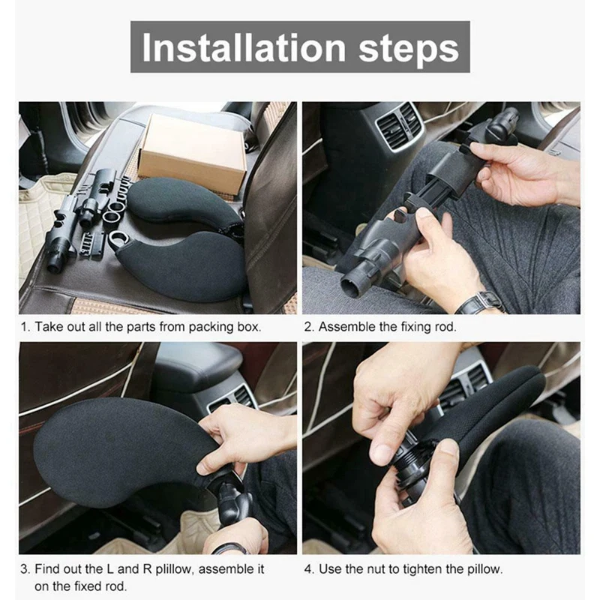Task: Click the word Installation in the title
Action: [x=244, y=48]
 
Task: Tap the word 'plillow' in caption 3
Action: [x=174, y=569]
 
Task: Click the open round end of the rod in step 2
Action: [x=351, y=287]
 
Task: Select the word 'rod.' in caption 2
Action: [x=445, y=327]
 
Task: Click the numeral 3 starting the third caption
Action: [x=25, y=569]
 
